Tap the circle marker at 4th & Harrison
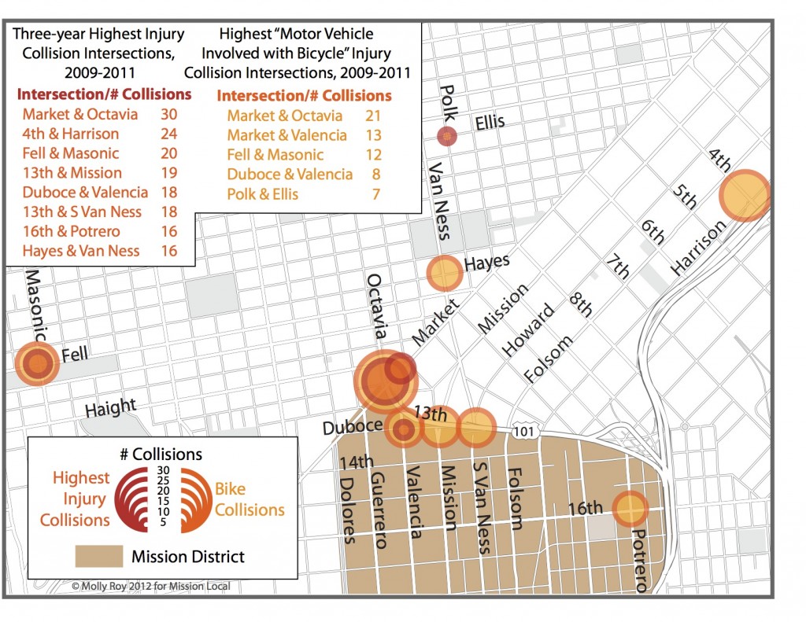[745, 196]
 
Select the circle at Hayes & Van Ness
[444, 274]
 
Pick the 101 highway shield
[523, 432]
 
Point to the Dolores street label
[347, 510]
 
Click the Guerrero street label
[379, 509]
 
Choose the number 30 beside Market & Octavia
[168, 114]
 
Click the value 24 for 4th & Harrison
[168, 134]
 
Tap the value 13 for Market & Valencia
[373, 135]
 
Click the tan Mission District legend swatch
[98, 557]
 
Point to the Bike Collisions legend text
[250, 499]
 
